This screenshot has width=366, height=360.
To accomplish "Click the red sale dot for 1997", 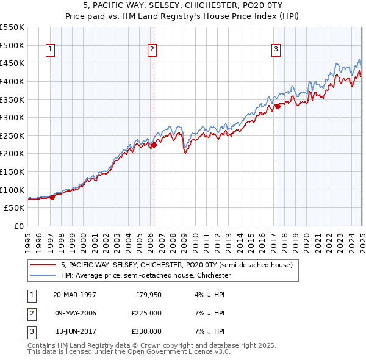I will point(52,196).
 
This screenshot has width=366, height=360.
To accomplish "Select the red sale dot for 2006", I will point(154,145).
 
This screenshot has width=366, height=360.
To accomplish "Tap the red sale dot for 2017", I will point(278,106).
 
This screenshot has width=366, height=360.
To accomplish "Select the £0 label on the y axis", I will point(19,226).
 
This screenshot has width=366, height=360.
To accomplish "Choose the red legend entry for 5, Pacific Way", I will point(177,265).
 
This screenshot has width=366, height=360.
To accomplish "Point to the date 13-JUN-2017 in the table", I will point(75,331).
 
